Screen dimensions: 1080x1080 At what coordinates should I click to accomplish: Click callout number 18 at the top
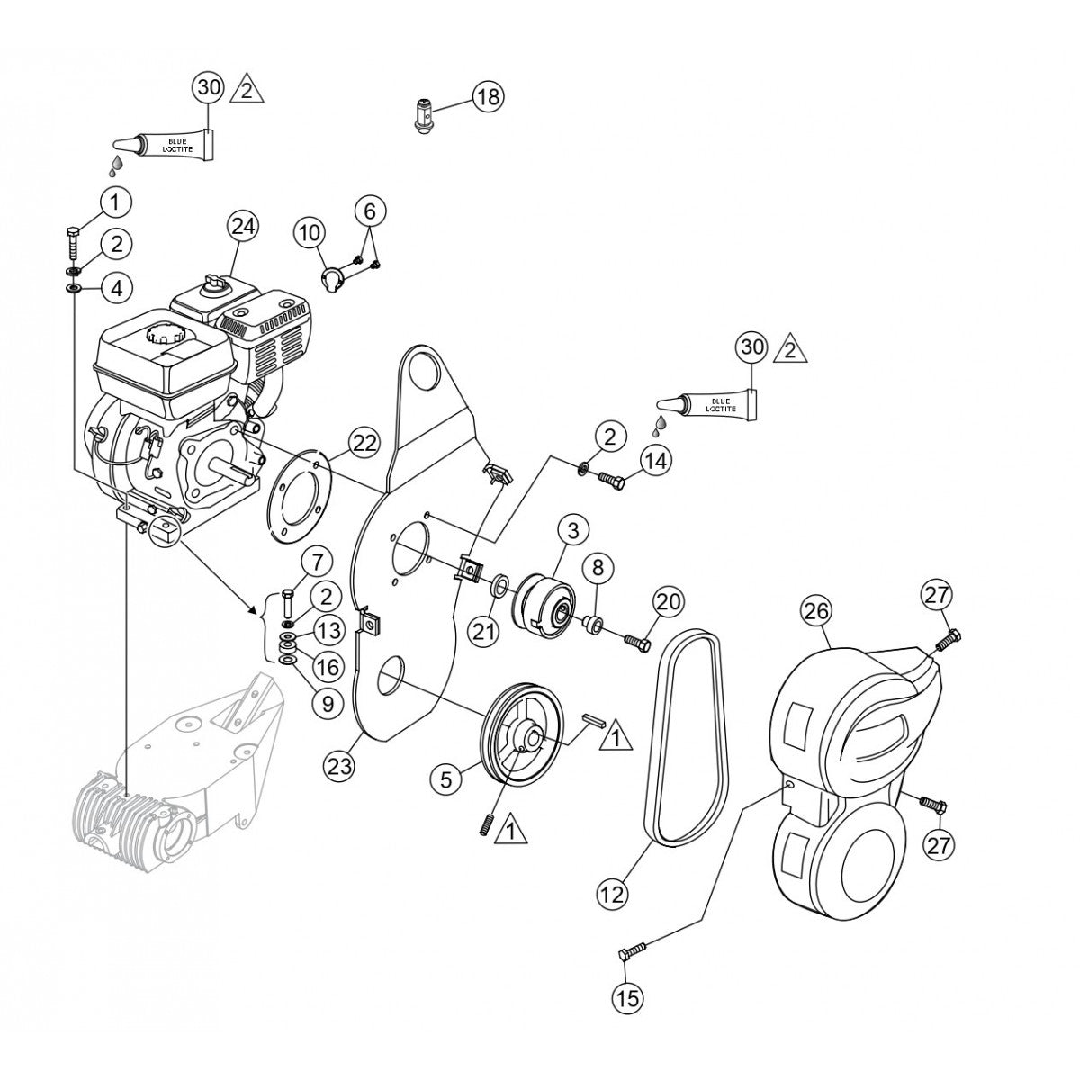coord(489,96)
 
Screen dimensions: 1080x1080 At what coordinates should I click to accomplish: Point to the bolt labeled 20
coord(636,641)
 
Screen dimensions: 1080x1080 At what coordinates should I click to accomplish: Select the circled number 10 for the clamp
coord(309,234)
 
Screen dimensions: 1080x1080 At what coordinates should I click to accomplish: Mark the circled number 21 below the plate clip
coord(485,632)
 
